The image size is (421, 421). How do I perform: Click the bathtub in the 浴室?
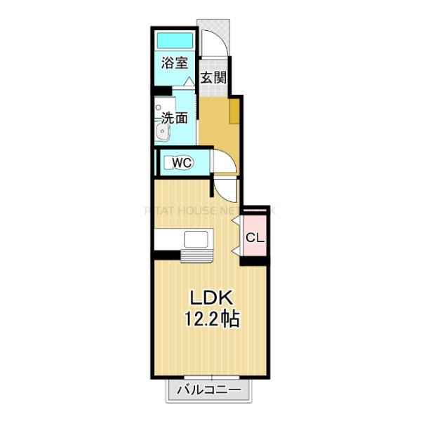175,40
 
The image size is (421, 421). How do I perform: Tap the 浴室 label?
175,63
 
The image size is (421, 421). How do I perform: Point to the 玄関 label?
213,78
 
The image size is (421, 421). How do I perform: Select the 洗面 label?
175,118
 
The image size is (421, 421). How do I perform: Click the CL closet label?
255,238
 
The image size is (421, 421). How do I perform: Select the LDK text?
206,297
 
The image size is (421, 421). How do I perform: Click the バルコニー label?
208,390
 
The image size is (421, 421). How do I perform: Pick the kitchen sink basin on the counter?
195,239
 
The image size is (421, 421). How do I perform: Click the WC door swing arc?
224,163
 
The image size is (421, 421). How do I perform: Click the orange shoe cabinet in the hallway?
234,110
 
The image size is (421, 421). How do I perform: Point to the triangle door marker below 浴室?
188,82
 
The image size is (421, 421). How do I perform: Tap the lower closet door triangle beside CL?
235,250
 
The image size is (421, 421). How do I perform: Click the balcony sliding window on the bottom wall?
208,377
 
